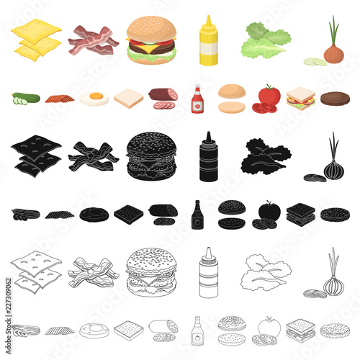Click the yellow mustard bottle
tap(208, 41)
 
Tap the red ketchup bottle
tap(197, 99)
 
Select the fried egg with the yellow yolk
tap(94, 98)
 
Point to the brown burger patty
tap(335, 99)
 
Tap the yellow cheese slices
tap(36, 40)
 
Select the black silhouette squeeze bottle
tap(208, 156)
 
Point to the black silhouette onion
tap(332, 161)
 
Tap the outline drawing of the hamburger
tap(151, 271)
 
